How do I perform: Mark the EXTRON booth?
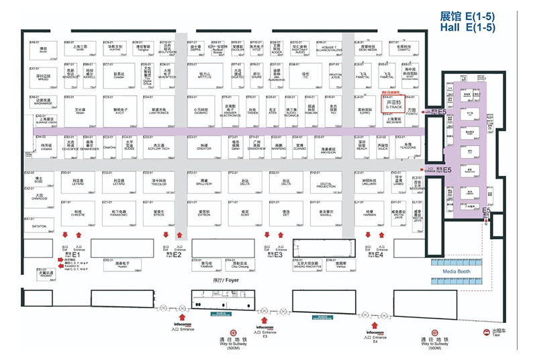click(x=203, y=213)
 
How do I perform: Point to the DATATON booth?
click(x=39, y=227)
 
